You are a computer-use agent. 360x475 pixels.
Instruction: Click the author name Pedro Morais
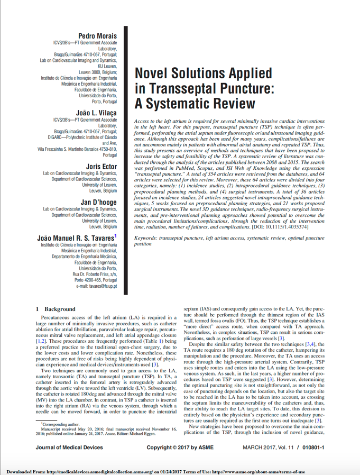point(97,35)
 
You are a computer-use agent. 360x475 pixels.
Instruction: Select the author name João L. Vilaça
point(97,113)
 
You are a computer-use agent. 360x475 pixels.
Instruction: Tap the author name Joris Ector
point(101,166)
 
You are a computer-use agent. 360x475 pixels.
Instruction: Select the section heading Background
point(60,309)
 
